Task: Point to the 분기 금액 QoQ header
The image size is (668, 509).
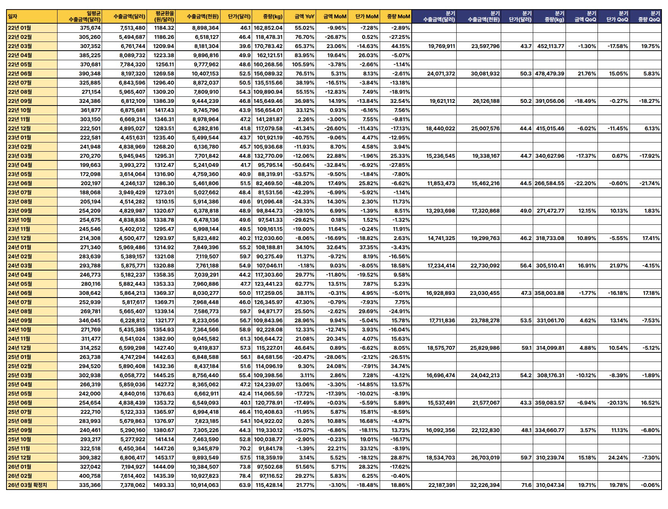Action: pyautogui.click(x=585, y=16)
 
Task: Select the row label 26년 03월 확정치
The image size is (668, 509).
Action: pyautogui.click(x=32, y=485)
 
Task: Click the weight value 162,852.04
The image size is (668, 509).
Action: pyautogui.click(x=268, y=28)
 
